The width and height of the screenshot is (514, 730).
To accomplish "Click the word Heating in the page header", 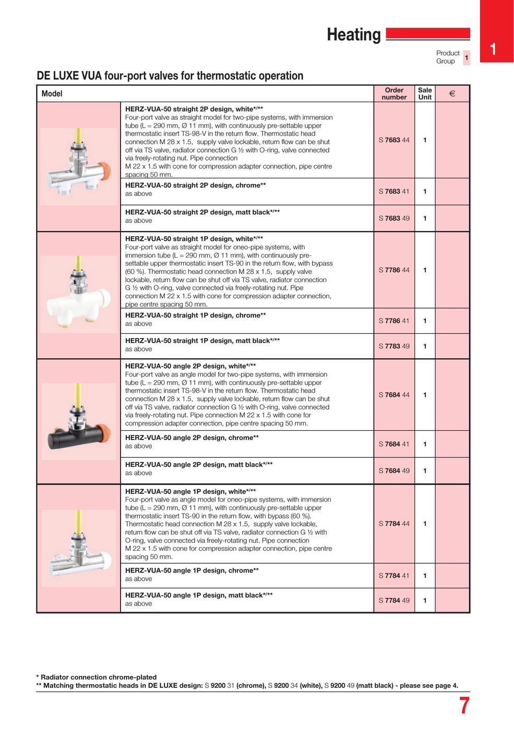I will (x=354, y=35).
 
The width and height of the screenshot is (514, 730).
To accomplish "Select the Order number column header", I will (x=394, y=94).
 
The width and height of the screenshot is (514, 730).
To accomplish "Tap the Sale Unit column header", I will (x=425, y=94).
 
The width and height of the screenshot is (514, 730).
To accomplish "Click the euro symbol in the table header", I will (x=452, y=94).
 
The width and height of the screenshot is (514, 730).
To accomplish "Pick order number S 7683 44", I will (x=394, y=140).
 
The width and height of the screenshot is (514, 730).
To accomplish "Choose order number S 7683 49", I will (x=394, y=218).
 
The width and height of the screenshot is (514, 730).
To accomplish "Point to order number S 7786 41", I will (x=394, y=321).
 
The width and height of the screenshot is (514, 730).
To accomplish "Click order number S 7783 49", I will (x=394, y=346).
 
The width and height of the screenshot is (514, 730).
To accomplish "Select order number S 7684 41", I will (x=394, y=444).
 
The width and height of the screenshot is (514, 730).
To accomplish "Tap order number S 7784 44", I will (x=394, y=524).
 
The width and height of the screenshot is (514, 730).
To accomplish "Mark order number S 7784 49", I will (x=394, y=601).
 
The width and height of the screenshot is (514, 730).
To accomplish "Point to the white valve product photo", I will (x=79, y=292).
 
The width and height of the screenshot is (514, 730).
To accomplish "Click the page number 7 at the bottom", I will (x=464, y=705).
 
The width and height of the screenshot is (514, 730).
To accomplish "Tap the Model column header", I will (x=52, y=94).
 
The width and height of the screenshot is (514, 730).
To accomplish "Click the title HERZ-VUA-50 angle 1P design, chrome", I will (x=192, y=571).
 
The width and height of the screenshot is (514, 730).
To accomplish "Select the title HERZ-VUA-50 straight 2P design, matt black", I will (x=202, y=213).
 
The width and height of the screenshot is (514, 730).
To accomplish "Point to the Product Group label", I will (x=448, y=57).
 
